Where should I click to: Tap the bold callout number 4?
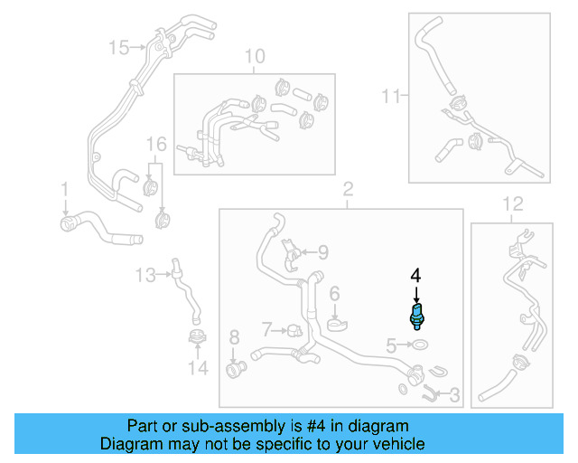[x=415, y=274]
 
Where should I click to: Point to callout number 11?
[x=389, y=95]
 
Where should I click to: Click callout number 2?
[x=347, y=191]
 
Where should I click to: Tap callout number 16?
[x=156, y=144]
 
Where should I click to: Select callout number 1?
[x=65, y=188]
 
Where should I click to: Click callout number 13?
[x=145, y=273]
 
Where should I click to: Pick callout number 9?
[x=322, y=252]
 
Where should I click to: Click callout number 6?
[x=333, y=293]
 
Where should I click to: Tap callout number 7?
[x=266, y=327]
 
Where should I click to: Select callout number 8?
[x=234, y=338]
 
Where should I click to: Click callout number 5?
[x=390, y=345]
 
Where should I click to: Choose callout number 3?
[x=454, y=394]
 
